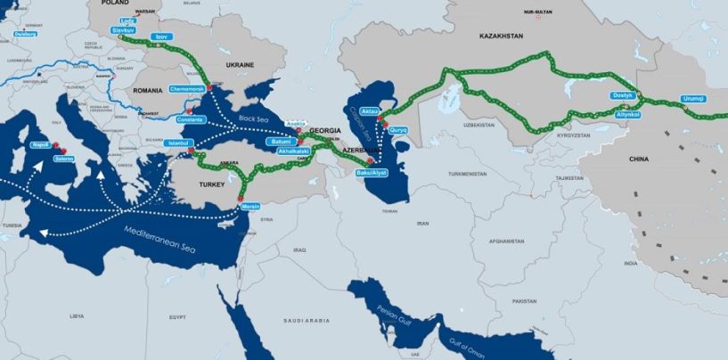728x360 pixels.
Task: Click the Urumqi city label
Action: [x=692, y=98]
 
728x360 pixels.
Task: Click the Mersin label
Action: [x=251, y=207]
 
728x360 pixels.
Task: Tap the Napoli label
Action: [x=40, y=144]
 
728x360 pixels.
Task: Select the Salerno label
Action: [x=62, y=160]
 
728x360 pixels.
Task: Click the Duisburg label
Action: [x=25, y=34]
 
